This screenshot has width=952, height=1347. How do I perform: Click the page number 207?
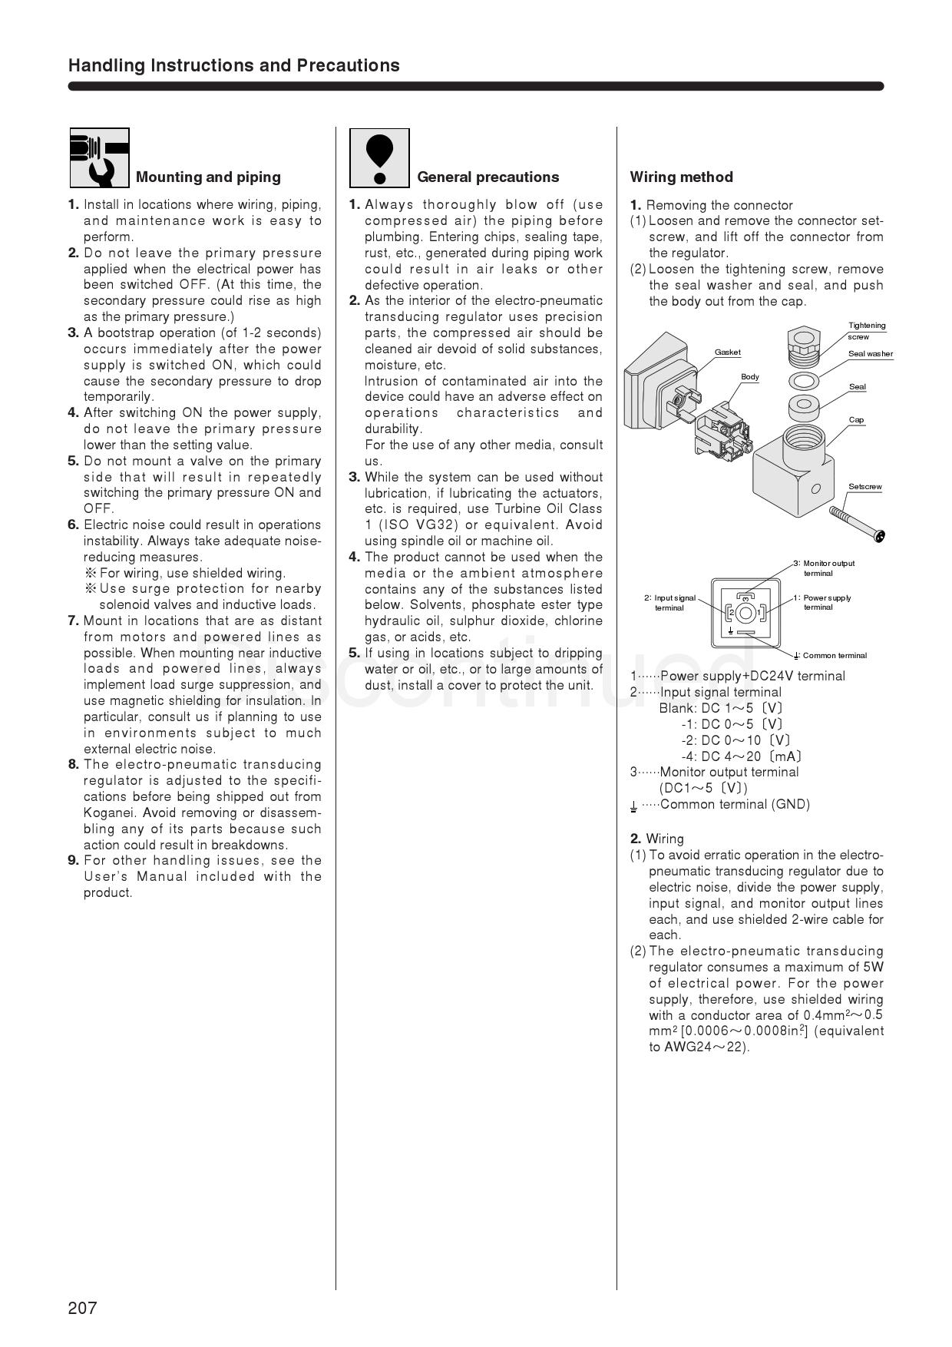tap(82, 1308)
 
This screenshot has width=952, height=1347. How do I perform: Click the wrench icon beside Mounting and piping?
tap(100, 158)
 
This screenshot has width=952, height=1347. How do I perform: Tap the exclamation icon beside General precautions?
tap(379, 158)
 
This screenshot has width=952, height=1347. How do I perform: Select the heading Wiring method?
tap(681, 177)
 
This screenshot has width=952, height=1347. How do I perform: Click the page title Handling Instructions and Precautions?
tap(233, 65)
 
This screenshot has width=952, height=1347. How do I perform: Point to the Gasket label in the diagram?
tap(727, 352)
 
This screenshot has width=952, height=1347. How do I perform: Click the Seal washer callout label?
tap(870, 354)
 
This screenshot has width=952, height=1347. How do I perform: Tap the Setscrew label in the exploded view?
tap(864, 487)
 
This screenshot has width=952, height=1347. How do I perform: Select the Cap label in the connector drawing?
tap(856, 420)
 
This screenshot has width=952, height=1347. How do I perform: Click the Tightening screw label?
tap(866, 331)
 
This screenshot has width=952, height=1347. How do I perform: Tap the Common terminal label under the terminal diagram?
tap(833, 656)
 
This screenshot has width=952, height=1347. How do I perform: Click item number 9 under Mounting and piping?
tap(74, 860)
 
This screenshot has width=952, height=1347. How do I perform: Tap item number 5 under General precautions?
tap(354, 653)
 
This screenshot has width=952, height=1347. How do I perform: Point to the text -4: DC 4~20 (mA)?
tap(741, 756)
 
